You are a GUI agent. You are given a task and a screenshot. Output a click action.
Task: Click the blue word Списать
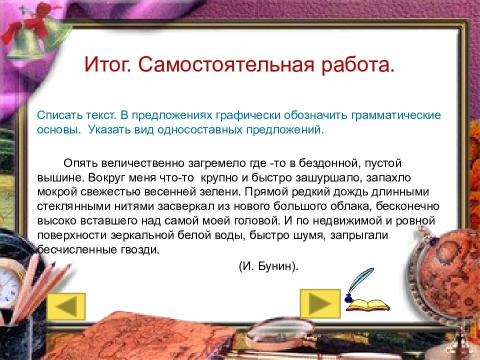(57, 115)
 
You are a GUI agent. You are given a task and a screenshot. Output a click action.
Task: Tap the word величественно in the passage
(144, 163)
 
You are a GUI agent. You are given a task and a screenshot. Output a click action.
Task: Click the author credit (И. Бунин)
(268, 266)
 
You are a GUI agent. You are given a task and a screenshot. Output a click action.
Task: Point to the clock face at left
(7, 287)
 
